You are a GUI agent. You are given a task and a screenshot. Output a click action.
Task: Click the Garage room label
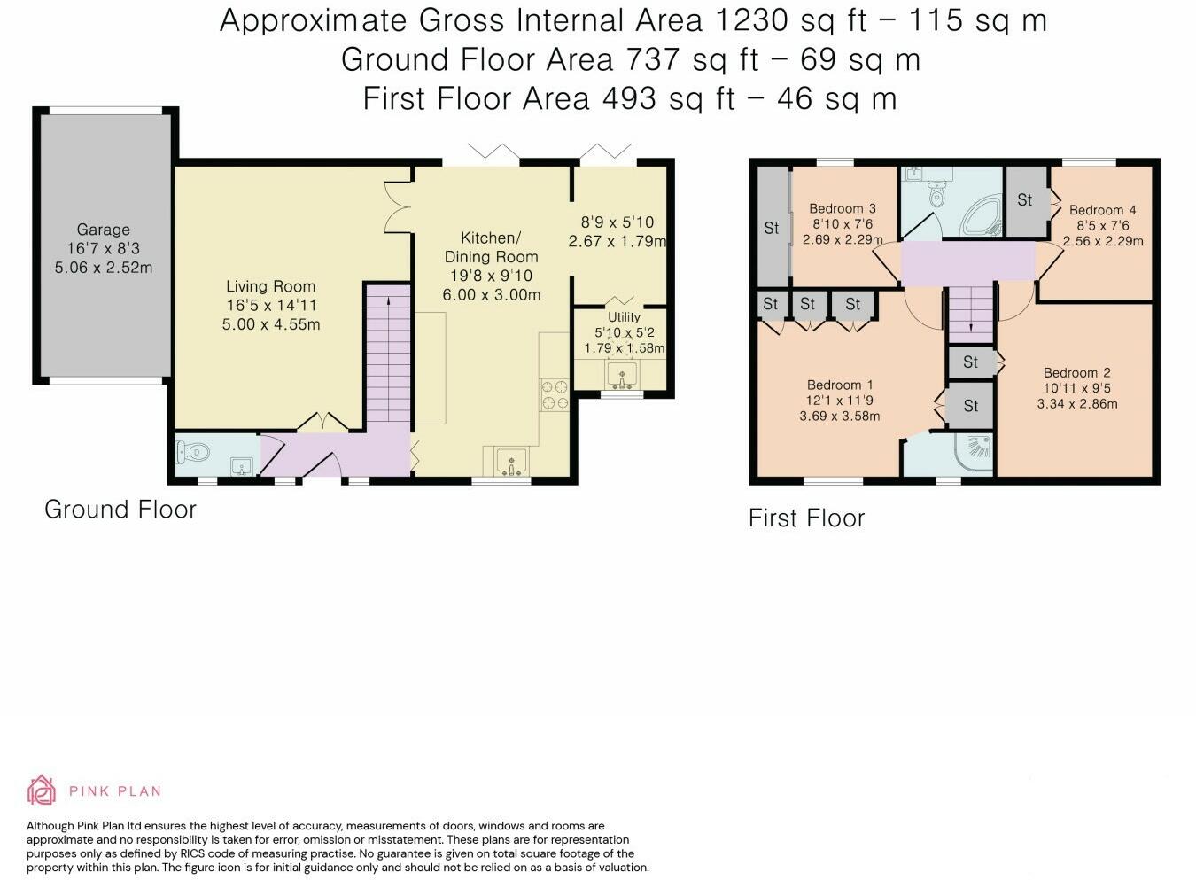(103, 230)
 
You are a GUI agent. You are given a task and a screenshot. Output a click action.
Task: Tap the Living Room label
(271, 287)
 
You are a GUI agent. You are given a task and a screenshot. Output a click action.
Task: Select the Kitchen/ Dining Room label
(491, 247)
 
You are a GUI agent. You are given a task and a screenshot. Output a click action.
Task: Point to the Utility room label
(624, 317)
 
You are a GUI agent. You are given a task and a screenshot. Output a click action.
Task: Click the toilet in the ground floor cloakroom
(192, 453)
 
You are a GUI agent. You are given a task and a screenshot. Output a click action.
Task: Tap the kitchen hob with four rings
(555, 395)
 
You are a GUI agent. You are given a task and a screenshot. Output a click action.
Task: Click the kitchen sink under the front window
(511, 462)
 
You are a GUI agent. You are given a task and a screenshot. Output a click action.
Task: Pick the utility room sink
(622, 375)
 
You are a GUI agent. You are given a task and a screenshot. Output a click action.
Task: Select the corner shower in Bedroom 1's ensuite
(975, 454)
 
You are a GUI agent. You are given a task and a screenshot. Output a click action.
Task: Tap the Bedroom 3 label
(843, 208)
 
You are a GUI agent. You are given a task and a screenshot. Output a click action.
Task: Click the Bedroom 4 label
(1103, 210)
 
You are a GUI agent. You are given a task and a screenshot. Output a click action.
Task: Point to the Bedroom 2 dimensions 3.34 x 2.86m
(1077, 404)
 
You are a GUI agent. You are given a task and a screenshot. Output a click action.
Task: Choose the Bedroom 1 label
(840, 385)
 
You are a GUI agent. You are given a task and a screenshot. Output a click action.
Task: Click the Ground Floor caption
(120, 510)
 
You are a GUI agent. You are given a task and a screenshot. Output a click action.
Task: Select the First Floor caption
(806, 518)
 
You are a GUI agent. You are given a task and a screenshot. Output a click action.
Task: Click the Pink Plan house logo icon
(42, 790)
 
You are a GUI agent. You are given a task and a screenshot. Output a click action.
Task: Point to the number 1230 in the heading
(750, 20)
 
